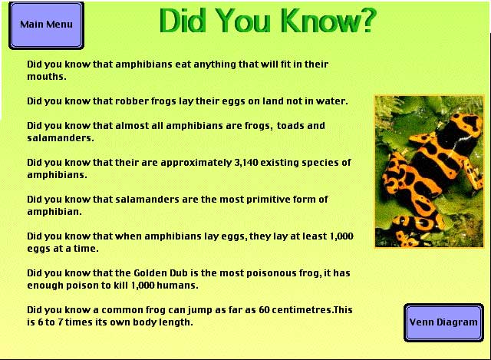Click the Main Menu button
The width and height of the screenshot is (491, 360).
pyautogui.click(x=46, y=25)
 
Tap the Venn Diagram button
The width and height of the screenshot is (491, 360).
pyautogui.click(x=443, y=322)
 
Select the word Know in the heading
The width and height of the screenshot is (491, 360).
pyautogui.click(x=315, y=21)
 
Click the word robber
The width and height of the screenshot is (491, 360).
pyautogui.click(x=132, y=101)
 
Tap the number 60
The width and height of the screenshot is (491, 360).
pyautogui.click(x=264, y=310)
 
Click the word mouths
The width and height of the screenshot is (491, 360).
pyautogui.click(x=47, y=77)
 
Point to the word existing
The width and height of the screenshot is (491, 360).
pyautogui.click(x=279, y=163)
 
